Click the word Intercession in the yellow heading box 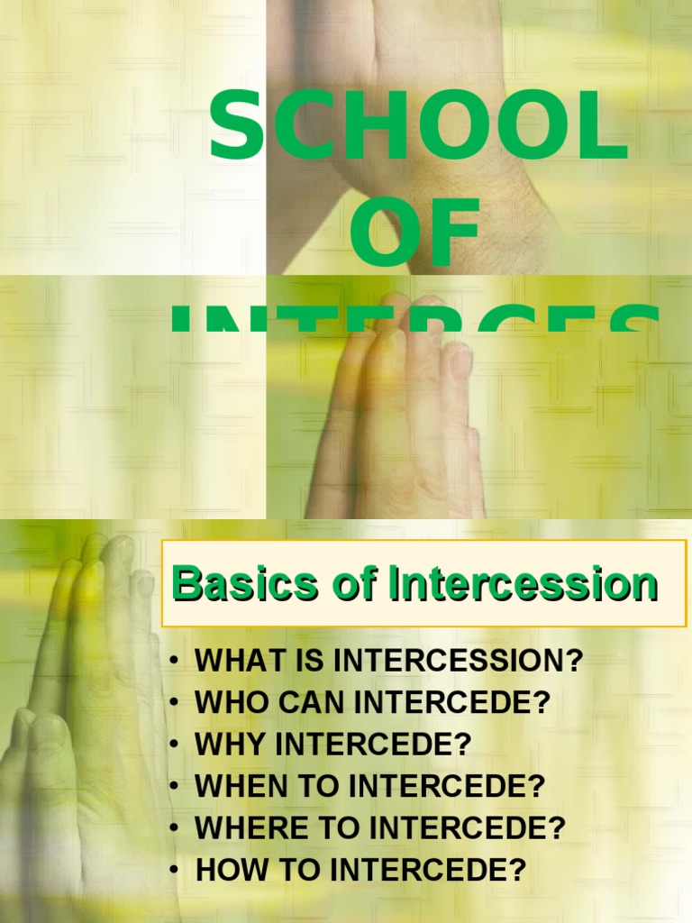(524, 584)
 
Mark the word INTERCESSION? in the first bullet (458, 661)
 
